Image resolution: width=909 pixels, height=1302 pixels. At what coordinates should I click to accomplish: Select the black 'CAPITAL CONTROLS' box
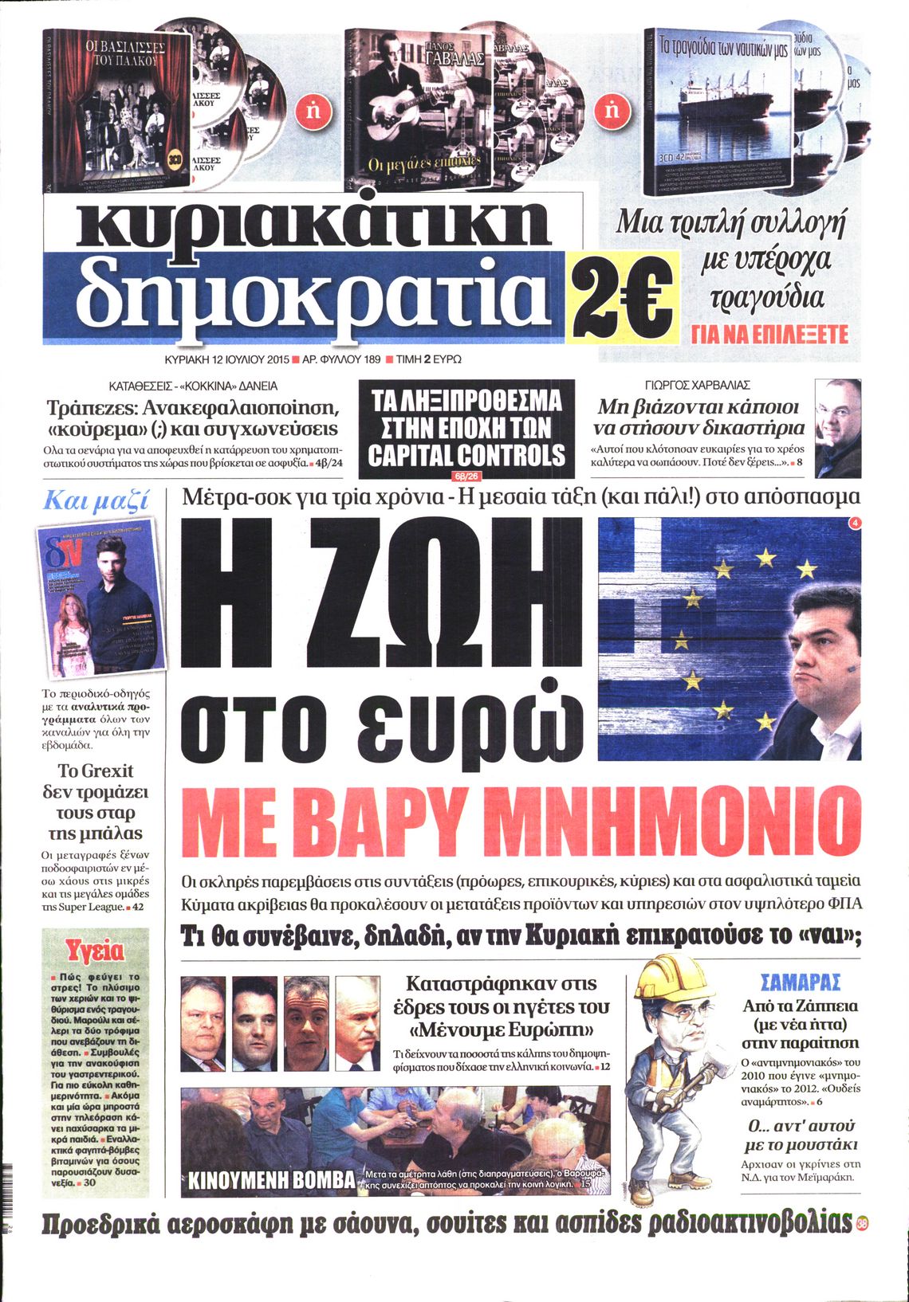click(x=466, y=428)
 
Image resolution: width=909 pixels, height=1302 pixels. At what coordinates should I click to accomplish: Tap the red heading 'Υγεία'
click(x=95, y=951)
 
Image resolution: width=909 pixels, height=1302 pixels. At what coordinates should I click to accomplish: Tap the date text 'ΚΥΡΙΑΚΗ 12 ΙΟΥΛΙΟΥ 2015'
click(x=222, y=359)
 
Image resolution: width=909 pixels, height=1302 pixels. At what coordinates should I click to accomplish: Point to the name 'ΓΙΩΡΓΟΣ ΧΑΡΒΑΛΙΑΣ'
click(x=698, y=385)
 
